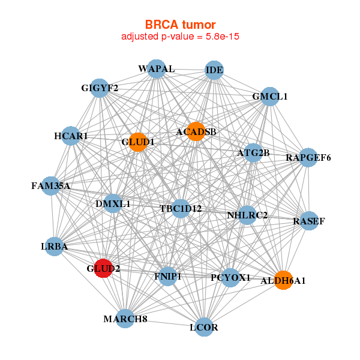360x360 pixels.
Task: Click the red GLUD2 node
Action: point(103,268)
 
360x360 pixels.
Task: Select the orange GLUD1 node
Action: point(138,142)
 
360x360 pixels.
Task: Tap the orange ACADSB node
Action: point(196,131)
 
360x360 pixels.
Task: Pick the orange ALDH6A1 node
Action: point(283,280)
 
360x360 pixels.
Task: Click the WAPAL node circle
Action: point(156,69)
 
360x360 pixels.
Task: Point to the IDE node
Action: point(214,70)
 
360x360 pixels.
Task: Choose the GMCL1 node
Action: point(270,96)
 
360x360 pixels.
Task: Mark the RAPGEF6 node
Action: point(308,158)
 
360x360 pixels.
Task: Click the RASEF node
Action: point(309,221)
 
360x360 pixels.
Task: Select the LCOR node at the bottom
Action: point(204,327)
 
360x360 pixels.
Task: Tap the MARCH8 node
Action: point(125,319)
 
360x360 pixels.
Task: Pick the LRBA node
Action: point(54,247)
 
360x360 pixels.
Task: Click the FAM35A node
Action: point(51,185)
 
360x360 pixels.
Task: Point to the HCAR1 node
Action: point(71,136)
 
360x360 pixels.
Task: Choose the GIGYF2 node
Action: point(100,89)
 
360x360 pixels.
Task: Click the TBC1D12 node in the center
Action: point(181,209)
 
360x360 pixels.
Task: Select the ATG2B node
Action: point(253,153)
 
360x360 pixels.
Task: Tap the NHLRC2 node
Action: point(247,215)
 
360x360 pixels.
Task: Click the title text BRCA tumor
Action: point(180,25)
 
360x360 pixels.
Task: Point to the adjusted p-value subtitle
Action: point(181,37)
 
